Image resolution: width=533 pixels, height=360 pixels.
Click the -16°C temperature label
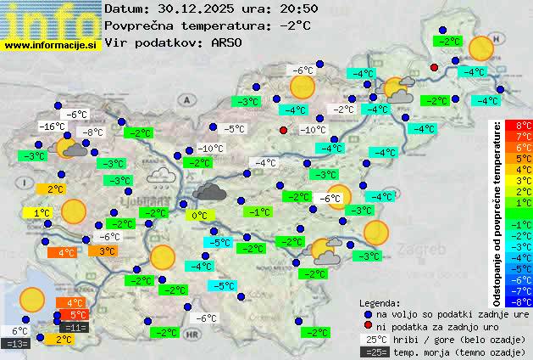[53, 127]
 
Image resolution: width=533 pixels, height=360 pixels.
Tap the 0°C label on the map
[199, 216]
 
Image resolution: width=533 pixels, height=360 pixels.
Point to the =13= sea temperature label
[16, 344]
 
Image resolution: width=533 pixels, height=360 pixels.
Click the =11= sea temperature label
[75, 327]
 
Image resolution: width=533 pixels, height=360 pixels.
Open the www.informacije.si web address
[51, 43]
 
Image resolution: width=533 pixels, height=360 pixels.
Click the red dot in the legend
[368, 326]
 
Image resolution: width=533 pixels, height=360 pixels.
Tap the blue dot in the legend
[368, 313]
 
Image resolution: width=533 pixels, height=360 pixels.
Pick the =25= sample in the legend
[374, 352]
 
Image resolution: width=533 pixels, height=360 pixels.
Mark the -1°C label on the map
[258, 211]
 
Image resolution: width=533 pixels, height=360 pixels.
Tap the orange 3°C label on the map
[106, 250]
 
